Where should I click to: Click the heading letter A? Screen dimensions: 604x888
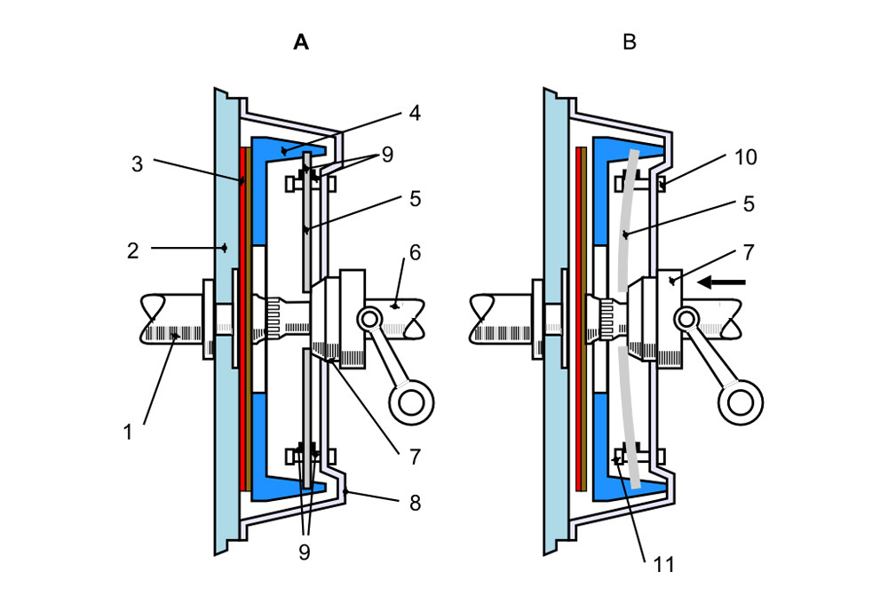301,42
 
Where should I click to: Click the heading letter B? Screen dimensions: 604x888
630,42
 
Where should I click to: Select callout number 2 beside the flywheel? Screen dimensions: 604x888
132,250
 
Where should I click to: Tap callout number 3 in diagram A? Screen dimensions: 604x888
137,164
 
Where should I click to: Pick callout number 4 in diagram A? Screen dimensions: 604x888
415,114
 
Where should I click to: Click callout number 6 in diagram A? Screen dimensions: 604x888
415,252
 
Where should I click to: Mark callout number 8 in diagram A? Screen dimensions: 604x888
415,503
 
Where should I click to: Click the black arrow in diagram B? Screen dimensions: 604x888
720,282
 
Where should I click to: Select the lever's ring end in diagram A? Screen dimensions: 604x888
411,401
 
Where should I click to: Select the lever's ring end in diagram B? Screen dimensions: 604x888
740,401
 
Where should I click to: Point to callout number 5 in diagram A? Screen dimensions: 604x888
415,199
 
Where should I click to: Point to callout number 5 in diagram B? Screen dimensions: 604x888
748,203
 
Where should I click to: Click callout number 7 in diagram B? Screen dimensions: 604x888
748,252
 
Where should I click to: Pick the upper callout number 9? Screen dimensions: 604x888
386,155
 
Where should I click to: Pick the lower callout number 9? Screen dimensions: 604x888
305,552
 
